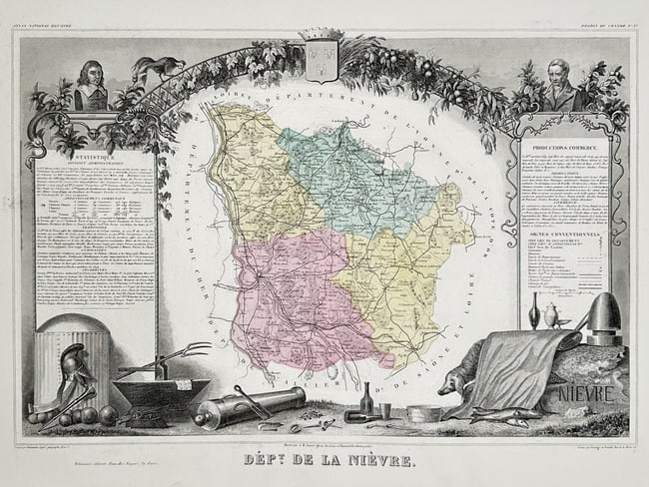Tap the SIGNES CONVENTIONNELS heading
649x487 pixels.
point(565,235)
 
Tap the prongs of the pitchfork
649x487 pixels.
point(190,352)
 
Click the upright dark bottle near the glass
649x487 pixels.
point(366,399)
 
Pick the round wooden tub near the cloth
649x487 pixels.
point(423,412)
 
